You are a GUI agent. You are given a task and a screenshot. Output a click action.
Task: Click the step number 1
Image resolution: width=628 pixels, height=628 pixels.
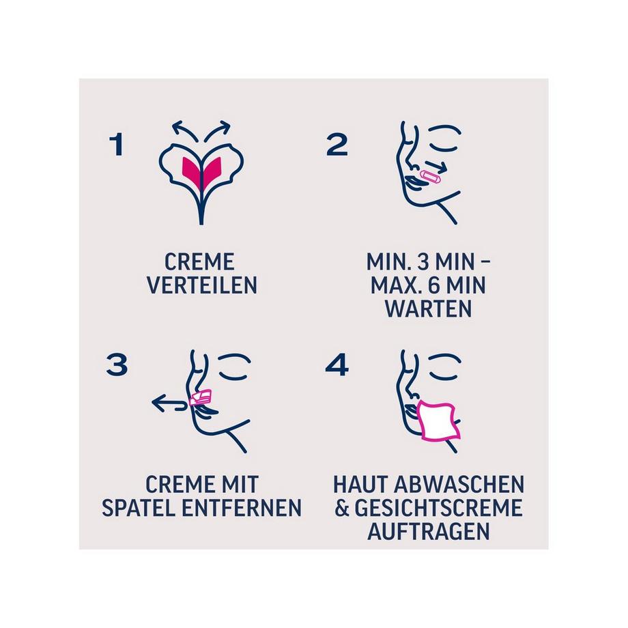[117, 145]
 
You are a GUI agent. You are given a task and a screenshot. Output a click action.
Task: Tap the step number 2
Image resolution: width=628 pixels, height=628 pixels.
[337, 145]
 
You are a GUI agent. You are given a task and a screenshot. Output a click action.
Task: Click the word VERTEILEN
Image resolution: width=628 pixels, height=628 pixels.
[202, 285]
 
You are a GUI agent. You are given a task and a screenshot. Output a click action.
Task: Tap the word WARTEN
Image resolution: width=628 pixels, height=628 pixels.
[428, 308]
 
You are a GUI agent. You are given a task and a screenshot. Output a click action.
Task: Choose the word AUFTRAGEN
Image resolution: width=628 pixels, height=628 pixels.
[429, 531]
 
